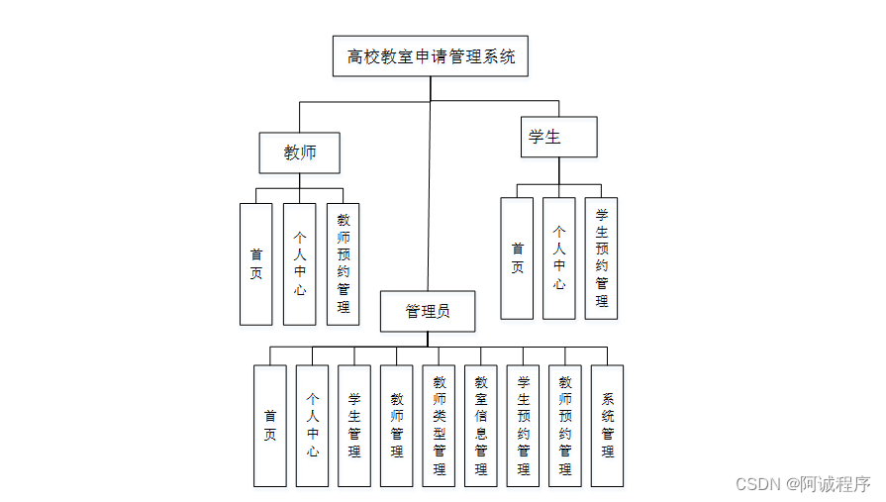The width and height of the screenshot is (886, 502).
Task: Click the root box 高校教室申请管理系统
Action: [431, 56]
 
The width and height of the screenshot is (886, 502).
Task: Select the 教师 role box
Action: [299, 152]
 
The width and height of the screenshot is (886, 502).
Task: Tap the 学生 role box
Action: [558, 137]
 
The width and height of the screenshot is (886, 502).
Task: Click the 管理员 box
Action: [428, 311]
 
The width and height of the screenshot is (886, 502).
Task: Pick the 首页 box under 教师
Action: [255, 263]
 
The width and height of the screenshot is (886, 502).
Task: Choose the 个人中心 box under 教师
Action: [299, 263]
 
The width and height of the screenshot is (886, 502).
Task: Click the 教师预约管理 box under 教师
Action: [343, 263]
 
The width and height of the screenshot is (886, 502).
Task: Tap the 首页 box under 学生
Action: [517, 258]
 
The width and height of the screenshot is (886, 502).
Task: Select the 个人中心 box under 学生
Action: [558, 258]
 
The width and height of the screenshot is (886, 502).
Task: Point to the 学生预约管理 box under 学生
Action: [601, 258]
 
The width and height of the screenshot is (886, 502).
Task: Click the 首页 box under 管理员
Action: [269, 426]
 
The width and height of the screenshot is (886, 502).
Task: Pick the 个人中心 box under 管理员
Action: [312, 426]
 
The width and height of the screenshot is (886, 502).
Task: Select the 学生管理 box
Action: [354, 426]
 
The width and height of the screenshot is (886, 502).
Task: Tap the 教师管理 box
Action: [396, 426]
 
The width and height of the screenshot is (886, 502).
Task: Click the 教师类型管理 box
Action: [439, 426]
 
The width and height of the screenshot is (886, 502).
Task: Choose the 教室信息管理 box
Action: [480, 426]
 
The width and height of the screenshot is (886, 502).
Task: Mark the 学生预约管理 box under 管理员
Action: [523, 426]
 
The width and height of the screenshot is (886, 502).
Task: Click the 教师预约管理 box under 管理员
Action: [564, 426]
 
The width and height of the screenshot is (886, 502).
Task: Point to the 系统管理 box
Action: [607, 426]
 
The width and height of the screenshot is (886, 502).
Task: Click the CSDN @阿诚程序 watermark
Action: [803, 484]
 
